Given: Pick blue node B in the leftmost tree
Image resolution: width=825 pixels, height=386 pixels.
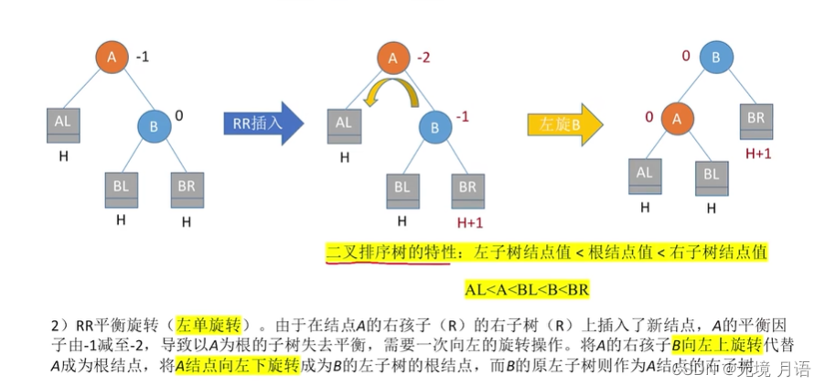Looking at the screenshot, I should pyautogui.click(x=154, y=126).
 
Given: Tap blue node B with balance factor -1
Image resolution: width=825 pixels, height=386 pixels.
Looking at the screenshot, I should pyautogui.click(x=435, y=126).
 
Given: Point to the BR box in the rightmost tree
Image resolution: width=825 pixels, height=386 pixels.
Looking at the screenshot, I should pyautogui.click(x=755, y=120).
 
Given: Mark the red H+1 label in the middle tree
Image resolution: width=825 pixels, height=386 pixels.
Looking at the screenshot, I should pyautogui.click(x=467, y=221).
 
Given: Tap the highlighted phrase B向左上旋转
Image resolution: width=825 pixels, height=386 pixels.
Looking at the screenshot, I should pyautogui.click(x=716, y=344).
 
